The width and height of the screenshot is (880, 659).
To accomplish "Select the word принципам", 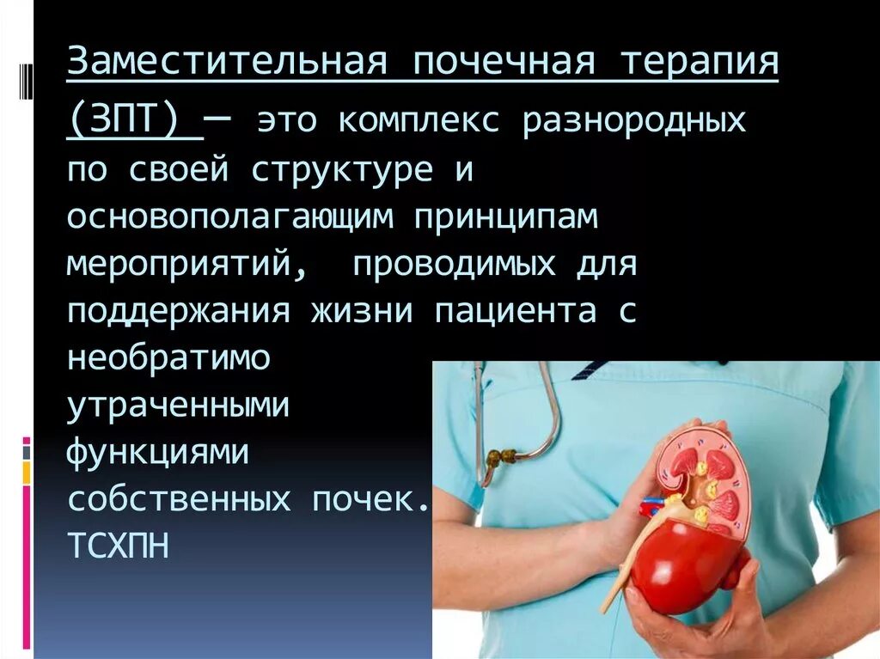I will click(x=506, y=217).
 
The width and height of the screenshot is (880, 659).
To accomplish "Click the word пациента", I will click(x=515, y=312).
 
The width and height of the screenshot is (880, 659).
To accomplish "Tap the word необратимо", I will click(x=168, y=359).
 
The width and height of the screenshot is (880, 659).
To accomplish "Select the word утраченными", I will click(x=179, y=406).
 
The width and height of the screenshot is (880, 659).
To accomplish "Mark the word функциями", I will click(x=158, y=453).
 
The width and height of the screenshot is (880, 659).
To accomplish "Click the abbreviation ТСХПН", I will click(x=117, y=547).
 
